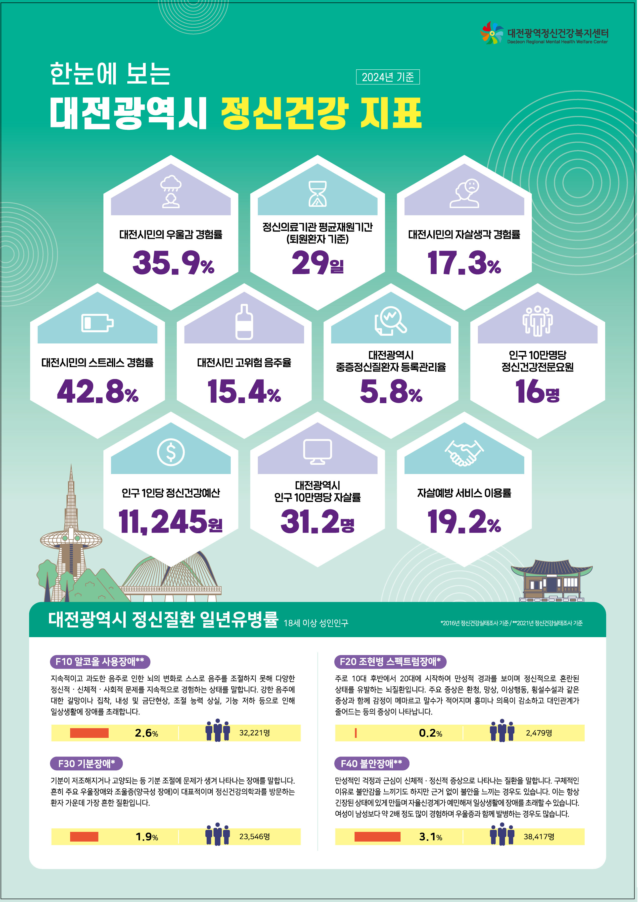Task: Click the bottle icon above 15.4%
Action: pos(244,322)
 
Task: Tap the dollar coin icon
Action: pos(171,452)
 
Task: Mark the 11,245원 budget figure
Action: pos(171,522)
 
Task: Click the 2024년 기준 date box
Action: pos(388,77)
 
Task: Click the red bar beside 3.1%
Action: pos(377,837)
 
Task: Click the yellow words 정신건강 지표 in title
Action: pos(321,114)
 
